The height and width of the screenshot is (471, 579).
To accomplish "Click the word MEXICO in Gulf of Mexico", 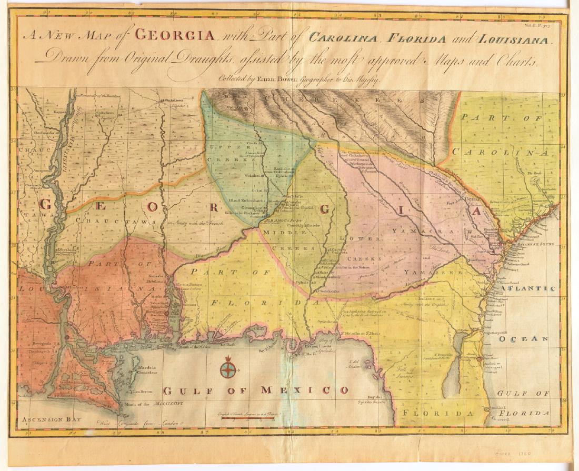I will click(x=313, y=390).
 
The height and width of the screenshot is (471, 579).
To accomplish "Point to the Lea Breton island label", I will click(x=143, y=391).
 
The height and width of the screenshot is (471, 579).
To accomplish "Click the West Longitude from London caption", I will click(x=138, y=422).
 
